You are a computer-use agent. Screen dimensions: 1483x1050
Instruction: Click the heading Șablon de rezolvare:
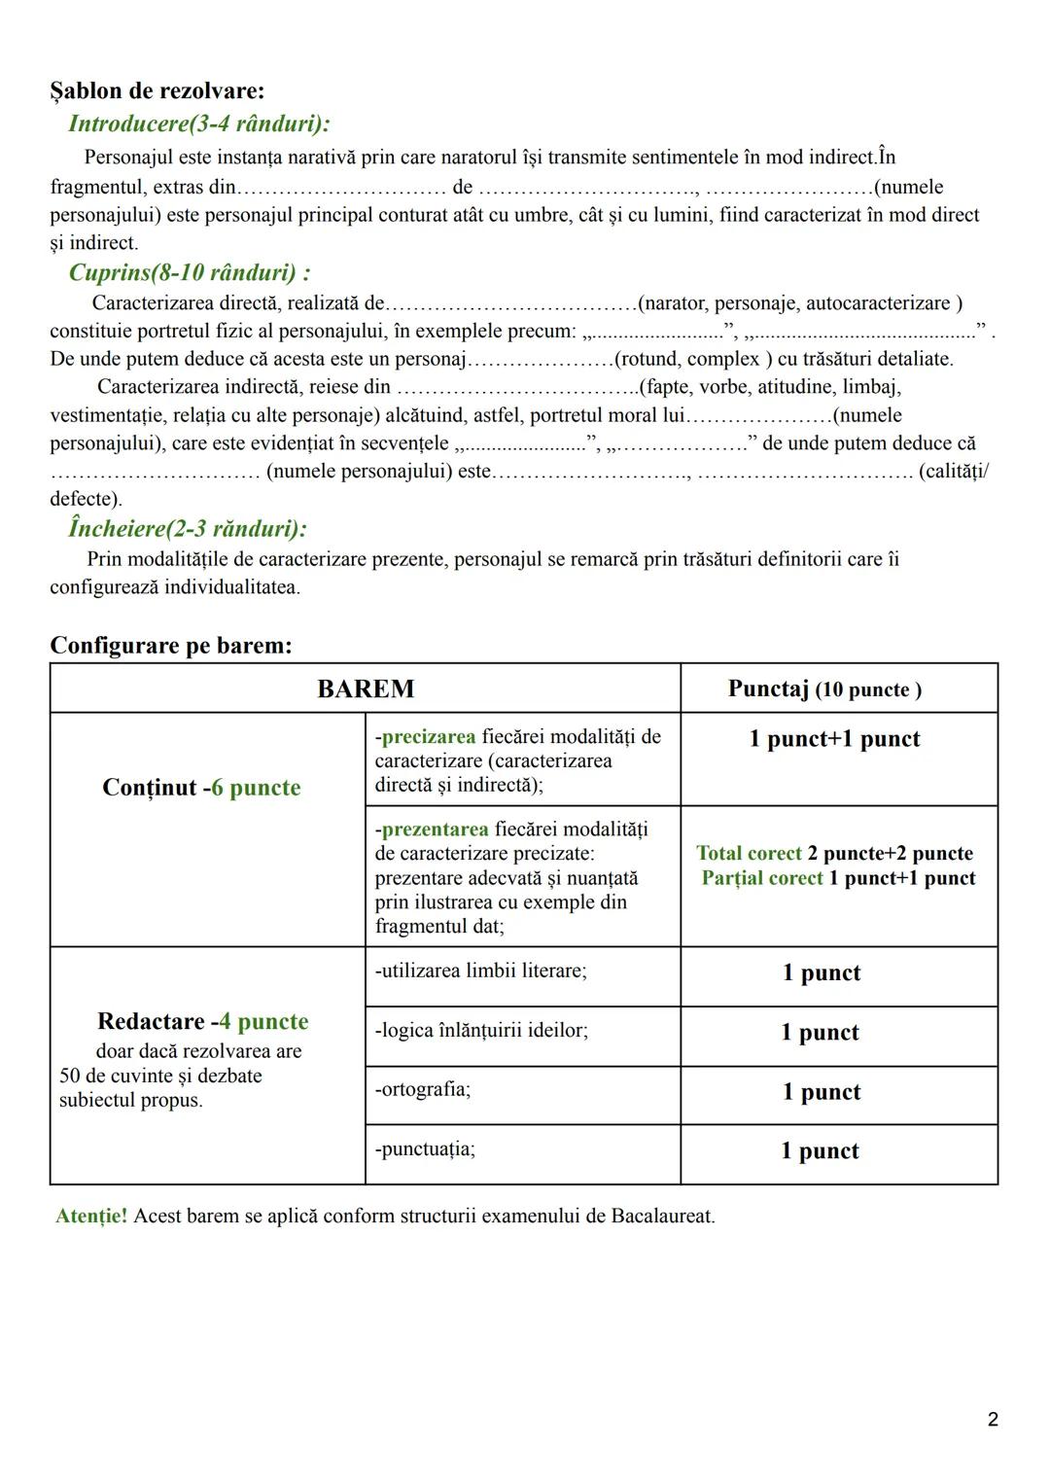coord(157,91)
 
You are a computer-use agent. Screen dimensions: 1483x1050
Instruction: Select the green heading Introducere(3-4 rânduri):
coord(198,124)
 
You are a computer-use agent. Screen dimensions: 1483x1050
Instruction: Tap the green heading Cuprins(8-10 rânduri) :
coord(190,272)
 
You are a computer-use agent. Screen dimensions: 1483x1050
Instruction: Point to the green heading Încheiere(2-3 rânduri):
coord(188,528)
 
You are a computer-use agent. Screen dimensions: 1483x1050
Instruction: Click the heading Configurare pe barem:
coord(171,646)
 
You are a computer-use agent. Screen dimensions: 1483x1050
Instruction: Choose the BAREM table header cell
coord(366,689)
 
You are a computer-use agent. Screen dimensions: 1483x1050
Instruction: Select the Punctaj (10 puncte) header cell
coord(824,689)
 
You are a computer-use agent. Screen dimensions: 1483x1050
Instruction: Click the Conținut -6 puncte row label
coord(201,788)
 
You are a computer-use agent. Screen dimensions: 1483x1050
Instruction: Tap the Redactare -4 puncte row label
coord(202,1021)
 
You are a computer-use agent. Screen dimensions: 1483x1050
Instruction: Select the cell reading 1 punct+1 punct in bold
coord(834,739)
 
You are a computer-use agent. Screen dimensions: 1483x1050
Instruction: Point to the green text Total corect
coord(749,854)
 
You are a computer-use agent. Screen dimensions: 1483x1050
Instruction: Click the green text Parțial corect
coord(762,878)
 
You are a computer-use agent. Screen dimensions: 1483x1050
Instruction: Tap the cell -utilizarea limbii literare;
coord(481,971)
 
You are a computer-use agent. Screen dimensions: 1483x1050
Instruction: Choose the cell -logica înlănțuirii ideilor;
coord(481,1030)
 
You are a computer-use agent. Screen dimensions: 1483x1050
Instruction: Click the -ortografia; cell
coord(423,1089)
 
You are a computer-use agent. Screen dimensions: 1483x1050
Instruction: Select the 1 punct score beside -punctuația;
coord(820,1151)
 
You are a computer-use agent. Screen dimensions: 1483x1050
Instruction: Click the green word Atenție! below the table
coord(91,1216)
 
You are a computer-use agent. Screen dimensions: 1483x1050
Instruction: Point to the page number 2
coord(993,1420)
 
